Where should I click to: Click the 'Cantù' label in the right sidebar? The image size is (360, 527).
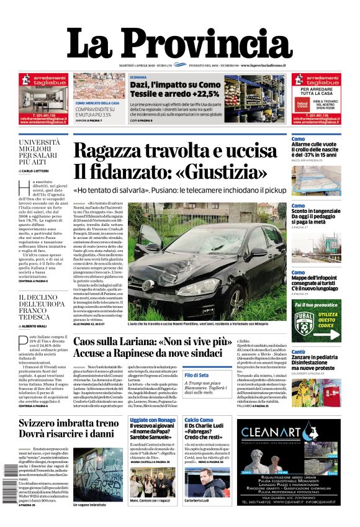[298, 351]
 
